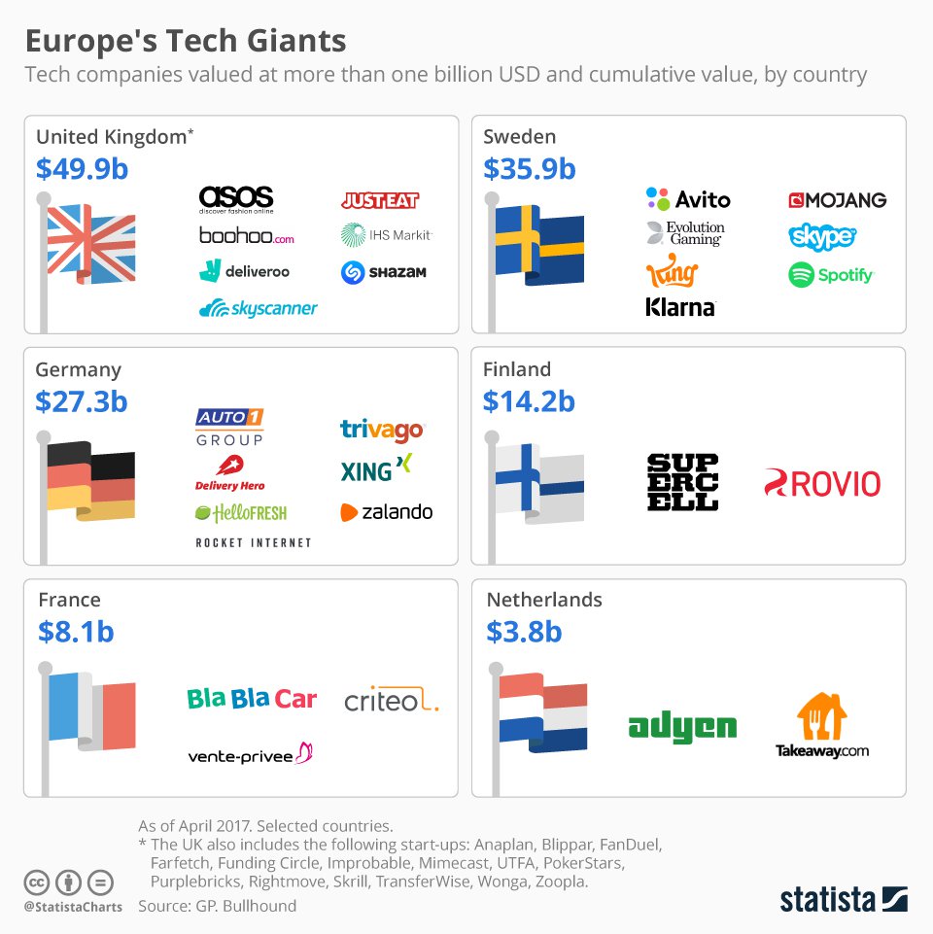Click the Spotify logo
point(831,275)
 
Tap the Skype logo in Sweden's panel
point(822,236)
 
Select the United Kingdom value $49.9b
point(82,169)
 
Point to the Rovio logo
point(822,483)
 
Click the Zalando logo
point(387,512)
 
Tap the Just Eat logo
point(380,200)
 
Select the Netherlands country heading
point(544,600)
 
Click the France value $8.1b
point(76,632)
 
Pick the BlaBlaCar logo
point(252,699)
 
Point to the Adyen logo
point(682,727)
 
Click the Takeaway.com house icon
point(821,717)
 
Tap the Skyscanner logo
point(258,309)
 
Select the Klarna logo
point(680,308)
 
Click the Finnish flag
point(538,478)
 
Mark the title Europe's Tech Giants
point(185,42)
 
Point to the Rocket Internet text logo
point(254,542)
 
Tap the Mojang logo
point(837,200)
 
